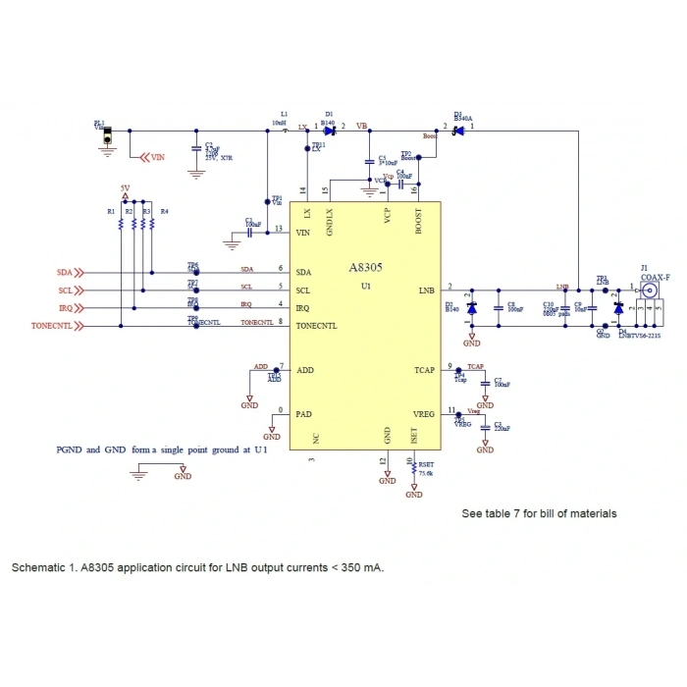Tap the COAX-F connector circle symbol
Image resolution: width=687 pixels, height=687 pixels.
click(x=647, y=290)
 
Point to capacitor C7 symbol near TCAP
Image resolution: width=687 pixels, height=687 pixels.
click(x=485, y=383)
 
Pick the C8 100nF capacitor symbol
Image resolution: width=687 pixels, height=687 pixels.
click(x=501, y=308)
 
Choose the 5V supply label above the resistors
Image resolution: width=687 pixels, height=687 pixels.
click(x=125, y=187)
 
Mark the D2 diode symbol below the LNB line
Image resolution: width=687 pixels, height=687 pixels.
click(x=471, y=308)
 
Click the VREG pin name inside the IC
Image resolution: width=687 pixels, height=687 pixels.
click(x=423, y=413)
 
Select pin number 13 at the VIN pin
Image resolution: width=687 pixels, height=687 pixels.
click(x=280, y=229)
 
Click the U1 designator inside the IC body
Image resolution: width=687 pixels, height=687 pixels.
click(x=365, y=286)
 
